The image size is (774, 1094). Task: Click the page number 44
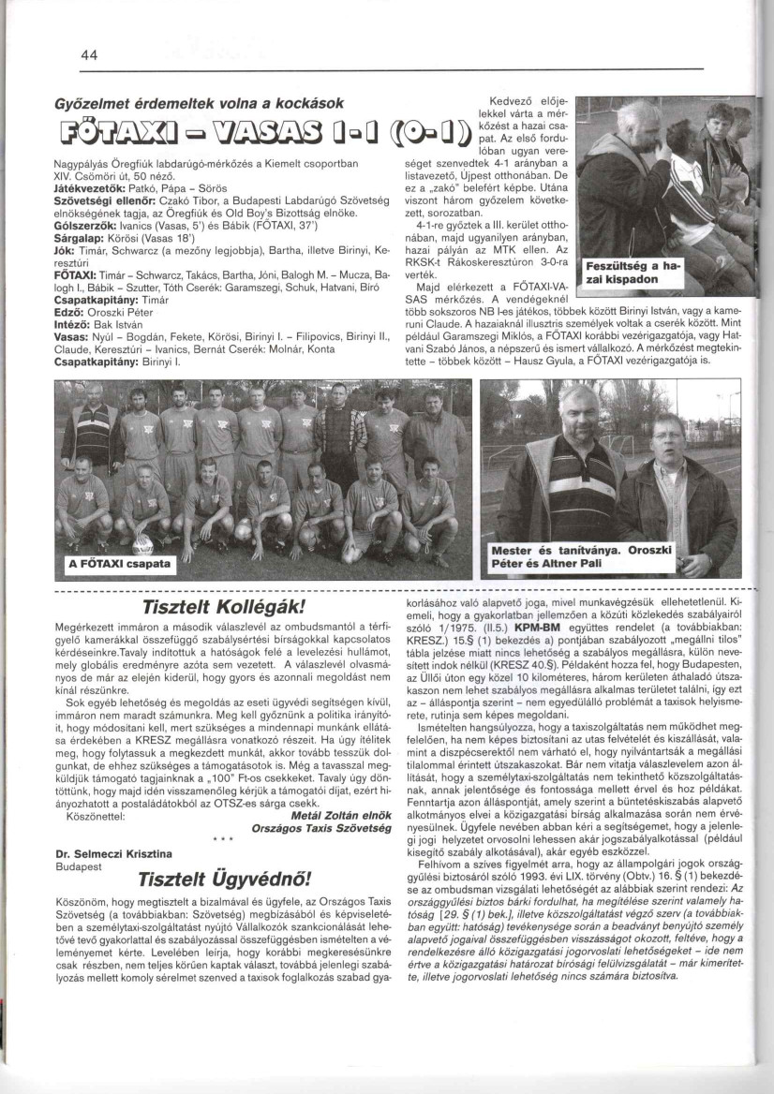tap(90, 55)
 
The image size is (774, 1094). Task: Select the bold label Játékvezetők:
tap(86, 186)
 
